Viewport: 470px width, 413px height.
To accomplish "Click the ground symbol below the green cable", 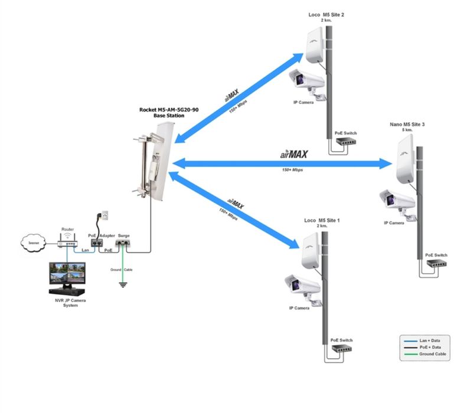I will (x=123, y=284).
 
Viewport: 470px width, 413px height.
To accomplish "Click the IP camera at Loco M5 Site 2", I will (x=306, y=81).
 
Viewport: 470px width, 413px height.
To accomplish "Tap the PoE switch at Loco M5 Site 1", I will (x=341, y=349).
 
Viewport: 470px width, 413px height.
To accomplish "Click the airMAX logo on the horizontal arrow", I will (x=293, y=154).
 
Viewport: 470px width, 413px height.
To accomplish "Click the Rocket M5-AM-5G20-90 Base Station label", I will (x=168, y=113).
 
